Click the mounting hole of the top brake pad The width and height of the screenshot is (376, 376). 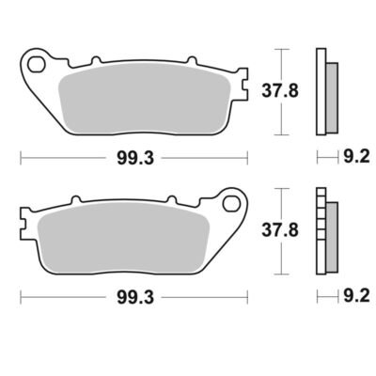click(x=36, y=65)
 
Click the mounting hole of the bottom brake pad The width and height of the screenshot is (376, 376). click(x=230, y=204)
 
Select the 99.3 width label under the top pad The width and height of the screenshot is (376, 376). click(x=135, y=158)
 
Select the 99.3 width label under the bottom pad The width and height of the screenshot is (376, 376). click(x=135, y=297)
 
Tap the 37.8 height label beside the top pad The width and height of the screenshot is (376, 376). click(x=280, y=91)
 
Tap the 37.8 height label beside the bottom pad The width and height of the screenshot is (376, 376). click(x=280, y=230)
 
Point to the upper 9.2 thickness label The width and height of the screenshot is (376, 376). click(x=356, y=156)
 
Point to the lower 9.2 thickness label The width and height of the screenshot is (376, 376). click(x=356, y=295)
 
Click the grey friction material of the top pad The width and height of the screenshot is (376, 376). click(x=145, y=100)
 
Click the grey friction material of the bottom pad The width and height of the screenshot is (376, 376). click(x=123, y=239)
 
